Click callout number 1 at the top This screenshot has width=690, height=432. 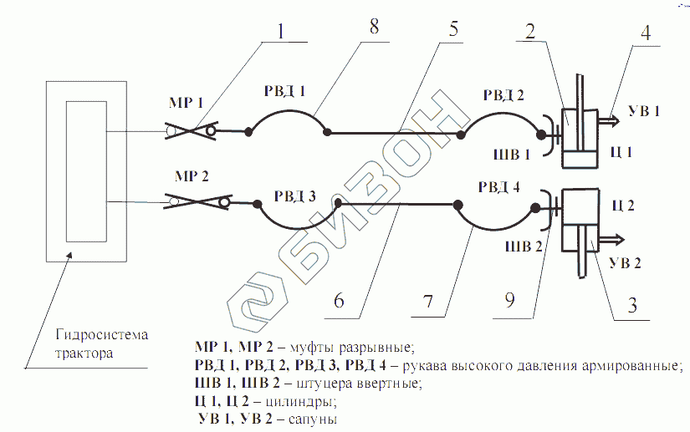tap(282, 29)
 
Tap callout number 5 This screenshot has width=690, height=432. tap(452, 29)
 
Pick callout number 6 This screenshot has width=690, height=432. tap(339, 301)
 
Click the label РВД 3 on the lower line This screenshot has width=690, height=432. tap(294, 197)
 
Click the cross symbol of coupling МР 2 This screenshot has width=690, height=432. tap(200, 201)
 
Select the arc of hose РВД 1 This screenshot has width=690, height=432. tap(286, 111)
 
